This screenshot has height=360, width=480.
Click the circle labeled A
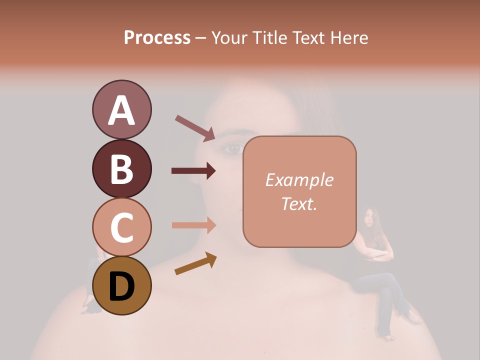click(121, 110)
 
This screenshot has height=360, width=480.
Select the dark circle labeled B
click(121, 168)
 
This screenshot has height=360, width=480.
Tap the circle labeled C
click(121, 227)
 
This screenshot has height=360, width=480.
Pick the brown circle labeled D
click(121, 285)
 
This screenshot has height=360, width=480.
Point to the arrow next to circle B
click(193, 171)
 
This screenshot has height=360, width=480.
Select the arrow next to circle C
click(193, 225)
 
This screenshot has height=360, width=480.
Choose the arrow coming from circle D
click(195, 263)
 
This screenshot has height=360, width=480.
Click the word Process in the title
click(157, 37)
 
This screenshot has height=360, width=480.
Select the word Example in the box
click(299, 180)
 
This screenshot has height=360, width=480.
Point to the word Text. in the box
click(299, 203)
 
